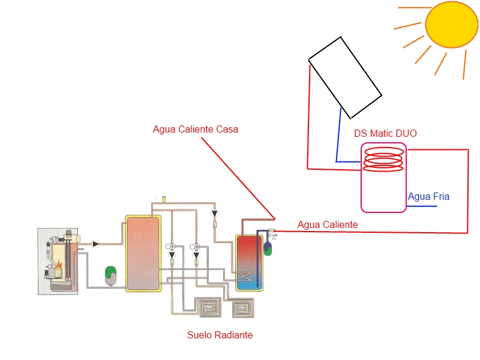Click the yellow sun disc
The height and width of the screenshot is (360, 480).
(452, 25)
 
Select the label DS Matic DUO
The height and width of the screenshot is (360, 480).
(385, 133)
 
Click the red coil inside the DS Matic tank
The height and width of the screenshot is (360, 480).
(383, 147)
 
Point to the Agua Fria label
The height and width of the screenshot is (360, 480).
(428, 196)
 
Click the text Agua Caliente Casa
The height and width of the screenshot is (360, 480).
(196, 129)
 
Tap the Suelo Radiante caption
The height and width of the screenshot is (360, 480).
(220, 335)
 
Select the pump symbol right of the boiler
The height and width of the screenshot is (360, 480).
(96, 244)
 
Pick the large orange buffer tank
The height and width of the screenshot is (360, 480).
(143, 253)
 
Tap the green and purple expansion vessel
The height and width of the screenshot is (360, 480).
(268, 248)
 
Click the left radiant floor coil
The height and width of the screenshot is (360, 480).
(209, 307)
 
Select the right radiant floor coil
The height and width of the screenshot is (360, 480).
(243, 308)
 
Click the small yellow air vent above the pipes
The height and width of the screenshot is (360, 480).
(164, 199)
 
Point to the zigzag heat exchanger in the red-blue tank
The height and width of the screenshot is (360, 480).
(246, 276)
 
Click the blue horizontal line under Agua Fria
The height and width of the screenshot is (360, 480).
(422, 206)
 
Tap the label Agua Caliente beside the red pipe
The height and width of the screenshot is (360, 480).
(328, 224)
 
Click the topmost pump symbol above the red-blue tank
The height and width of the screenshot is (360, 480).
(215, 214)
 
